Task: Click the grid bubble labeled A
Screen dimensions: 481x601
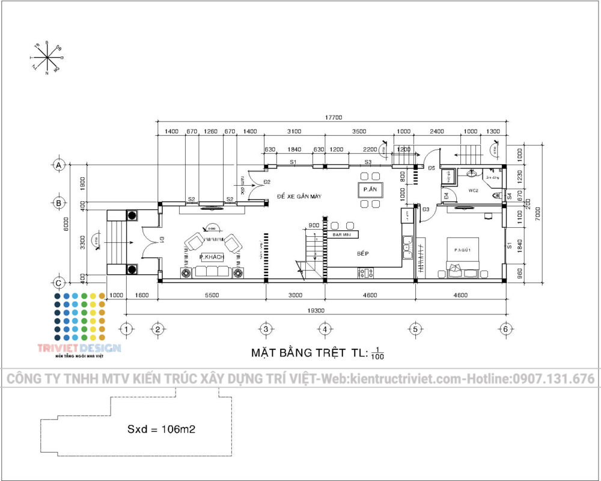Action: tap(59, 164)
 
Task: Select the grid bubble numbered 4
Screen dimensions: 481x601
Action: tap(324, 329)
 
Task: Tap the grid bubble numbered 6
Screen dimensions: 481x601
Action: tap(505, 329)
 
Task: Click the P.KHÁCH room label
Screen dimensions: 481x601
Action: tap(212, 257)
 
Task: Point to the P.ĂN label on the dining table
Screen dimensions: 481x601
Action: tap(369, 189)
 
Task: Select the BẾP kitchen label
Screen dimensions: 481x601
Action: tap(362, 254)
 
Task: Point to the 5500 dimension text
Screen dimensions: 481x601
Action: tap(212, 295)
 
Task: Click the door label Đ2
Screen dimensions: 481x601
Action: tap(266, 182)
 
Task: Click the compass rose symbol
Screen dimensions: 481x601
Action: tap(47, 58)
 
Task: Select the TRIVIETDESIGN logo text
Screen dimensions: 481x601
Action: tap(79, 348)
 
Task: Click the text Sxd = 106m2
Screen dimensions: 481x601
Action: tap(162, 430)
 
